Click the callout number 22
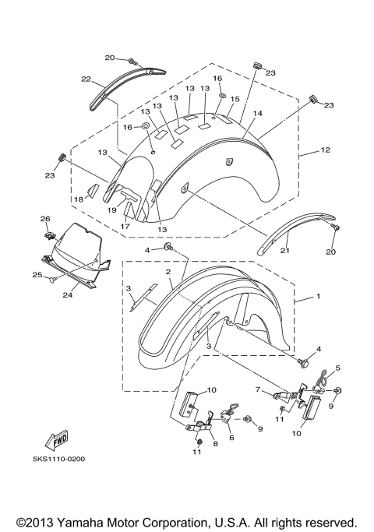click(x=86, y=79)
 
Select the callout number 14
click(x=257, y=114)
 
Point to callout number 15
click(x=235, y=99)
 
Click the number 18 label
click(x=79, y=200)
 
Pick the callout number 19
click(x=112, y=210)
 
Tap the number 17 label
click(x=125, y=227)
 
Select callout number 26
click(x=44, y=219)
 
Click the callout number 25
click(x=36, y=274)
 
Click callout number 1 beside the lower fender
click(x=317, y=298)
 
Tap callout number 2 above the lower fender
click(x=168, y=272)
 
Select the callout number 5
click(x=337, y=367)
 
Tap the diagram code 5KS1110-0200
click(x=59, y=459)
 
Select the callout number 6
click(x=231, y=439)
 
